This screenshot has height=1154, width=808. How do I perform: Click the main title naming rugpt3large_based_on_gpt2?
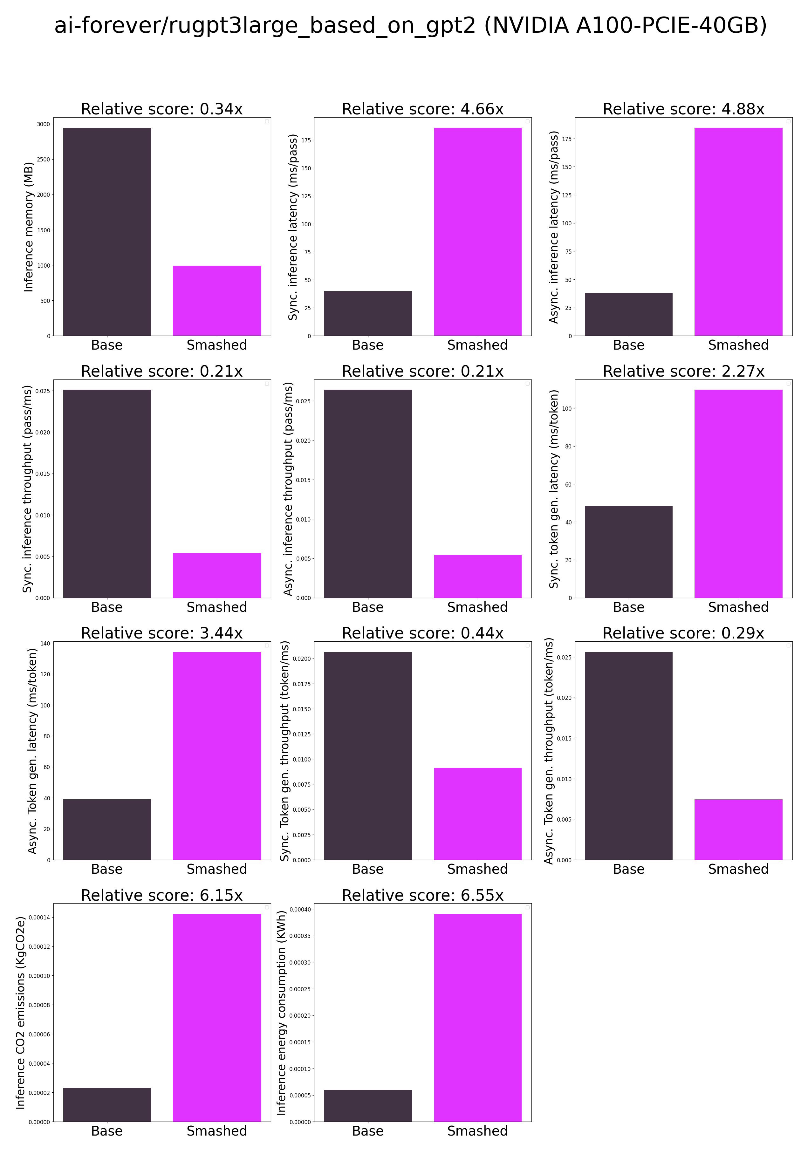tap(410, 26)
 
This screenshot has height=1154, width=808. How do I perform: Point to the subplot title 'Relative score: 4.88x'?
tap(683, 109)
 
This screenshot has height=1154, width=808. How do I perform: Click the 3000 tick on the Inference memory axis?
tap(43, 124)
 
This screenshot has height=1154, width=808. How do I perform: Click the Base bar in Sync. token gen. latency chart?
tap(628, 551)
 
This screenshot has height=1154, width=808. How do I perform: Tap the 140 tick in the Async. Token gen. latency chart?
tap(45, 643)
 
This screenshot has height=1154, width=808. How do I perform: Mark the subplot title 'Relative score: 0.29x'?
tap(683, 633)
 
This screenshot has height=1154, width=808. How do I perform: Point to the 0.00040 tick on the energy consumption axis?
tap(300, 909)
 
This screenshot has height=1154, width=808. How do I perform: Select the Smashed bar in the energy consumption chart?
tap(477, 1017)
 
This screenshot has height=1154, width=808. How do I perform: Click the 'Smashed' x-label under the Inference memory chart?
tap(217, 345)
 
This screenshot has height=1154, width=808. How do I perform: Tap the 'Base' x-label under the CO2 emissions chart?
tap(106, 1131)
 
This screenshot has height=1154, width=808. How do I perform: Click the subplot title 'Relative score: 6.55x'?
tap(422, 895)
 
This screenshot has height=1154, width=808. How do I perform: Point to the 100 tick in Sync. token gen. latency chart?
tap(567, 409)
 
